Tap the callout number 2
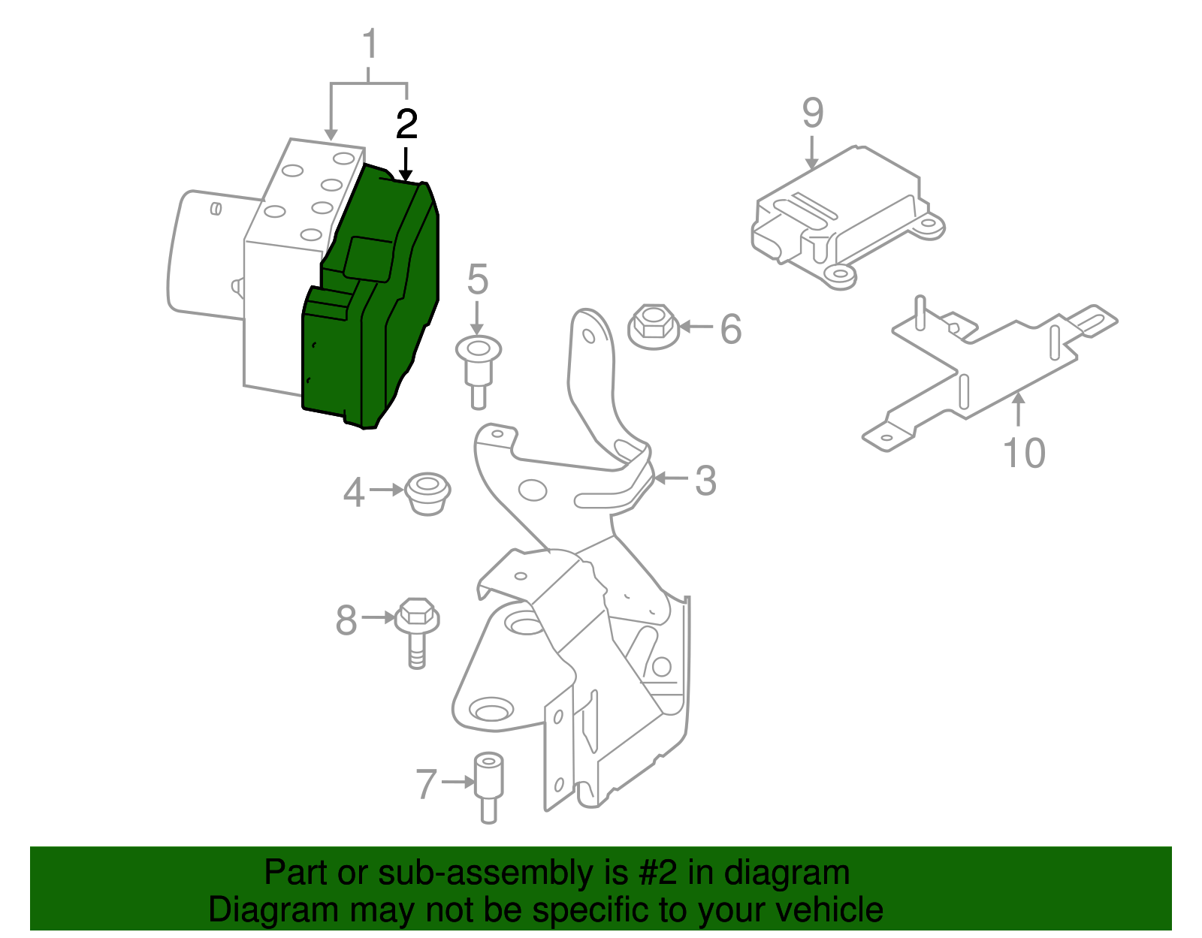pos(406,125)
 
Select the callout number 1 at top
pos(370,45)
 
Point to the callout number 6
pos(730,329)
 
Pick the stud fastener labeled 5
pos(479,367)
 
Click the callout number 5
pos(477,280)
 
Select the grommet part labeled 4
pos(427,493)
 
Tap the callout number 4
pos(353,493)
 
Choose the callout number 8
pos(346,621)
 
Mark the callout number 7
pos(426,785)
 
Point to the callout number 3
pos(705,481)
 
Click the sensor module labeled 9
pos(845,218)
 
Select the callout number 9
pos(813,113)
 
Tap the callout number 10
pos(1024,454)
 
